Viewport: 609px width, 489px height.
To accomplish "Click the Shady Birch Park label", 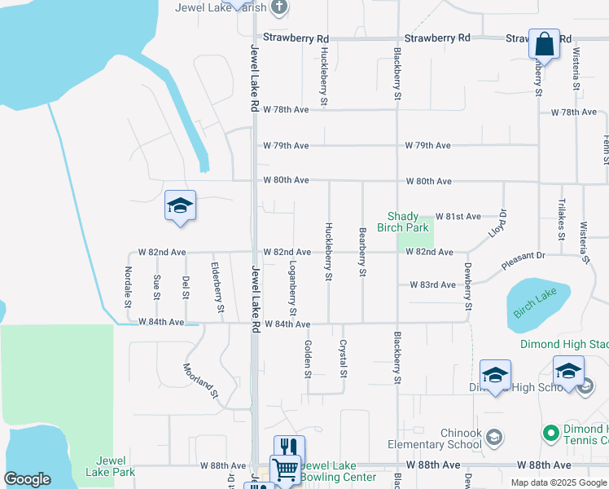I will click(407, 222).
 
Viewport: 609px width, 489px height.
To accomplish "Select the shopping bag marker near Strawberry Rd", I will click(543, 43).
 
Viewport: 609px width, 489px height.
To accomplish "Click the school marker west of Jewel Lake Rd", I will click(180, 205).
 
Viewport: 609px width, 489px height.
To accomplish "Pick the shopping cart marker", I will click(285, 469).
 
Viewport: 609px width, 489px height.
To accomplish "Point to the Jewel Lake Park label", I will click(111, 466).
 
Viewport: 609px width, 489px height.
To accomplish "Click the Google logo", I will click(27, 479).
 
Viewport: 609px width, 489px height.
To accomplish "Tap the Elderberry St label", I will click(217, 287).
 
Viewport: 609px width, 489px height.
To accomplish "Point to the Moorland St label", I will click(201, 381).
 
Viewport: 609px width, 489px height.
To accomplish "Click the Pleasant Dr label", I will click(522, 261).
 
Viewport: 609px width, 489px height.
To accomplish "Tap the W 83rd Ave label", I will click(433, 284).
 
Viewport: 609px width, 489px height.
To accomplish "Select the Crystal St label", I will click(344, 359).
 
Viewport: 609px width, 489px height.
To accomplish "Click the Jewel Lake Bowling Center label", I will click(339, 471).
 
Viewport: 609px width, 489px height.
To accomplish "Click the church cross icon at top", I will click(279, 7).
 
